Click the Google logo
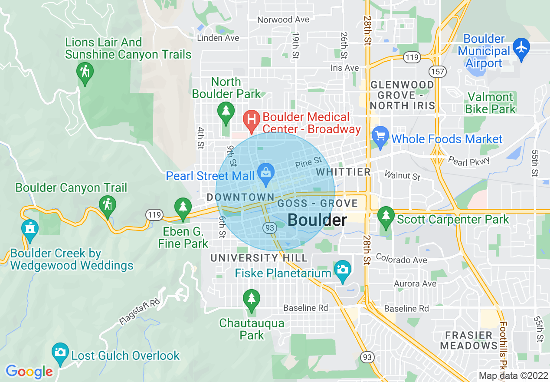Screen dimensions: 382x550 coord(29,372)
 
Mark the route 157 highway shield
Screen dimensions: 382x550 coord(438,71)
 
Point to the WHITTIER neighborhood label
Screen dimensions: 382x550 coord(344,172)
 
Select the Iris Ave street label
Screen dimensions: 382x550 coord(344,68)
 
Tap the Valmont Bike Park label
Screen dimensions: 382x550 coord(490,103)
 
